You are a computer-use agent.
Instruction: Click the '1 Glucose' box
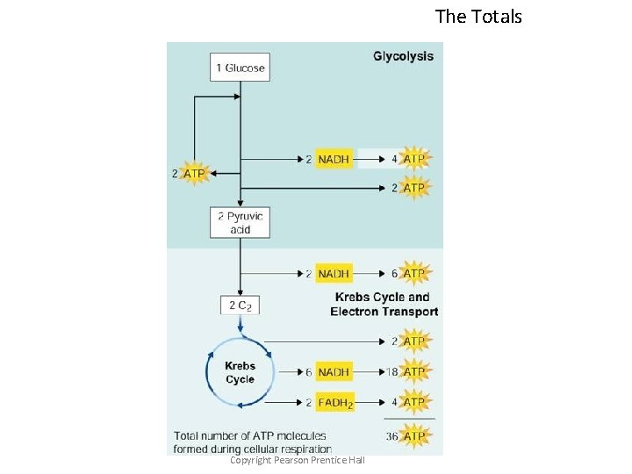point(240,68)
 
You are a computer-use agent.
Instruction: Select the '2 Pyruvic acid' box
point(240,222)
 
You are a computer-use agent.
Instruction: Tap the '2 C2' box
point(240,305)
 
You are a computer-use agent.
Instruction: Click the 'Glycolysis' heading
point(403,56)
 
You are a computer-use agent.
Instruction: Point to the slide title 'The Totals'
point(478,16)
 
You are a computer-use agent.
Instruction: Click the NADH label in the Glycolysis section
point(334,159)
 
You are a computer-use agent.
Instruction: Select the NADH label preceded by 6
point(334,372)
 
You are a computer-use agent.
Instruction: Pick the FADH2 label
point(335,402)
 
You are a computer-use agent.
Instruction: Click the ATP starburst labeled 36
point(413,436)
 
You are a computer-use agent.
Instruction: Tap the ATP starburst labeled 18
point(413,372)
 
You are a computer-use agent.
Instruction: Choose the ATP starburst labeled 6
point(413,274)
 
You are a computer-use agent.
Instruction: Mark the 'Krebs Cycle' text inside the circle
point(240,373)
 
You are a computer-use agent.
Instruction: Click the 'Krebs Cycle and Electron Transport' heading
point(384,304)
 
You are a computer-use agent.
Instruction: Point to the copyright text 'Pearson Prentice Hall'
point(297,461)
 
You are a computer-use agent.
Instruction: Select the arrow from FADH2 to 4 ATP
point(371,402)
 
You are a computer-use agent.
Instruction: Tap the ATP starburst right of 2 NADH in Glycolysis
point(413,159)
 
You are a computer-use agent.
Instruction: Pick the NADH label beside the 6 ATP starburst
point(334,274)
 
